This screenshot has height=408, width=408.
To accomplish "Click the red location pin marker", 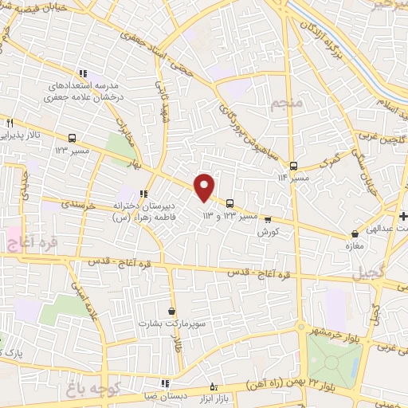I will (205, 187).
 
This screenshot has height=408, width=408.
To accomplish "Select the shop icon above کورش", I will (267, 219).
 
